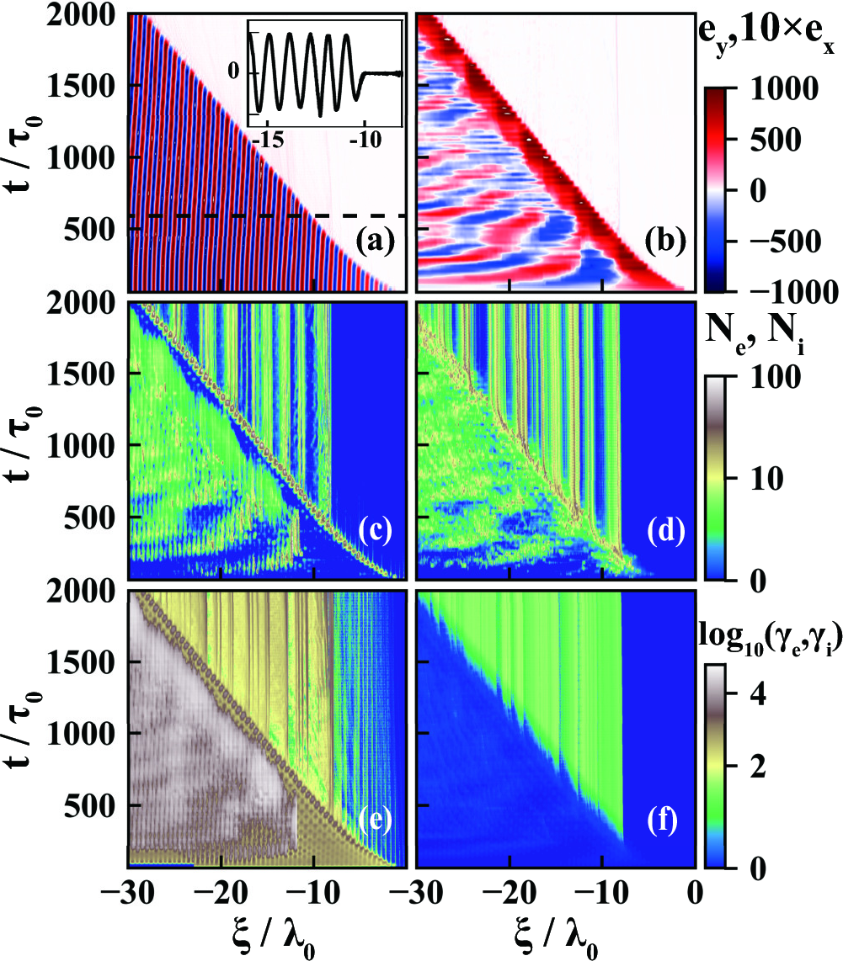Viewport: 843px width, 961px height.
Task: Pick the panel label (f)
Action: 664,820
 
